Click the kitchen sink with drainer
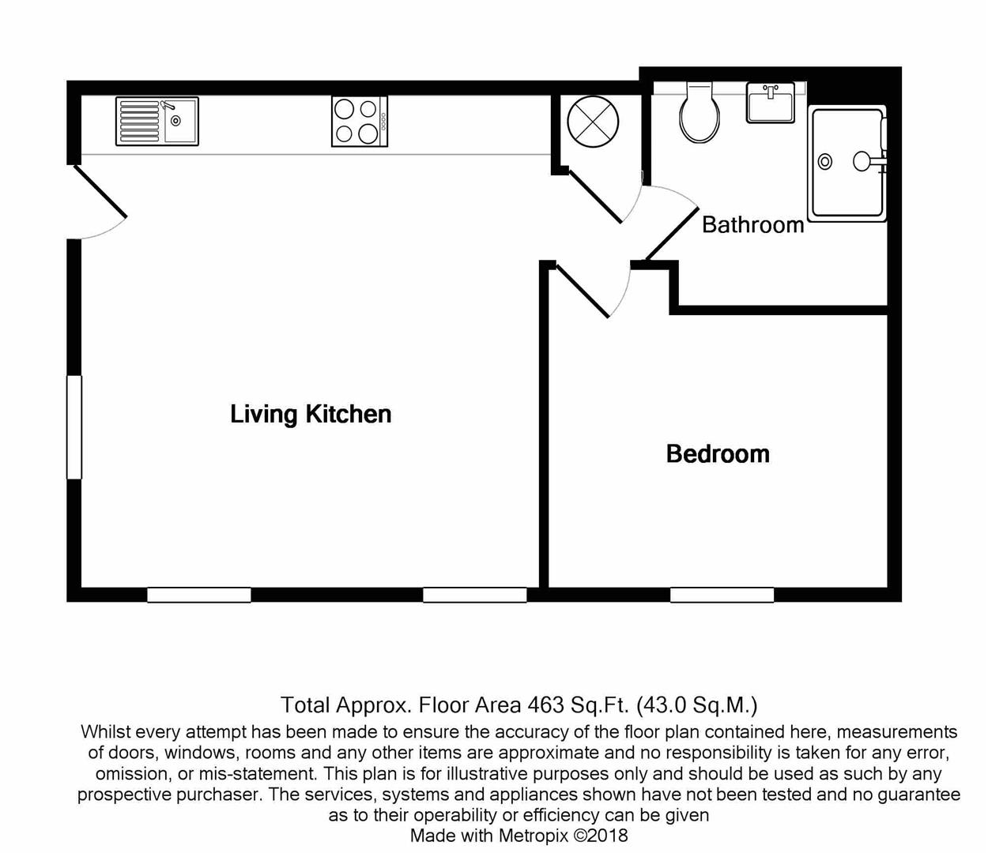coord(156,122)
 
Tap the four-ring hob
coord(359,122)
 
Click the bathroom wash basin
coord(770,103)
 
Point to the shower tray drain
coord(825,162)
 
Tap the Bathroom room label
coord(752,225)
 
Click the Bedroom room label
coord(718,454)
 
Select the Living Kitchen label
coord(311,414)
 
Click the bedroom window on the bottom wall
coord(722,595)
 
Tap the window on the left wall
coord(74,427)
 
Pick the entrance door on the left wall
coord(100,191)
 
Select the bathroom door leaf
coord(673,234)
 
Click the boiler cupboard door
coord(596,196)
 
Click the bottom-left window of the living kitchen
coord(199,595)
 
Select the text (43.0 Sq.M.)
coord(696,705)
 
